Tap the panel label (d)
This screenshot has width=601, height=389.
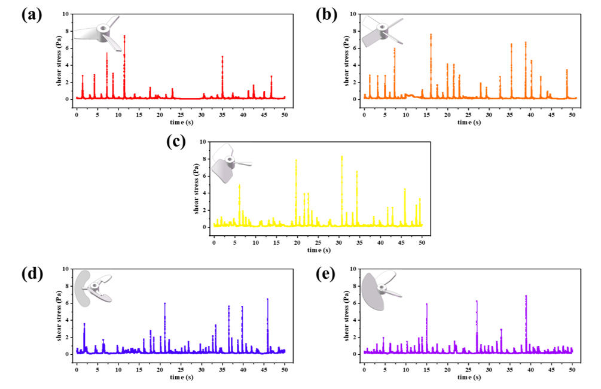coord(32,273)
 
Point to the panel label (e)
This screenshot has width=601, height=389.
coord(326,273)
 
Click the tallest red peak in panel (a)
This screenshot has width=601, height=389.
coord(124,37)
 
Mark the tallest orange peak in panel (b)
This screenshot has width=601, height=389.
coord(431,35)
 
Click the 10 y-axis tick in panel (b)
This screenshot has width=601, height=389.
coord(356,14)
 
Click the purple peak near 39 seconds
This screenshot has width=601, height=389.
coord(526,297)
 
